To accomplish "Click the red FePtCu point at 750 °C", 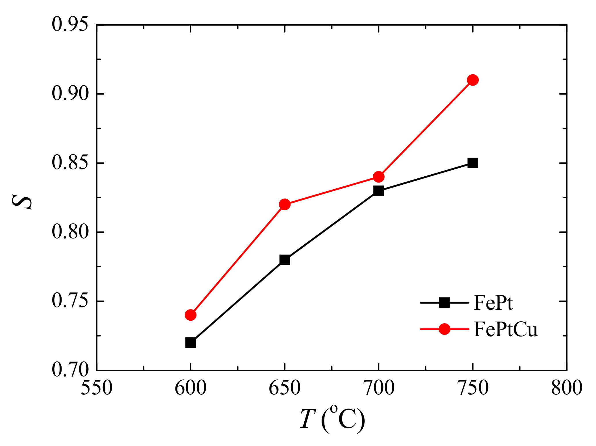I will click(x=473, y=80).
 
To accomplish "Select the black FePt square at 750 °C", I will click(x=473, y=163).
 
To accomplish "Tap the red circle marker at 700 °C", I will click(x=379, y=177).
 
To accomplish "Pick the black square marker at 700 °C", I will click(x=379, y=191).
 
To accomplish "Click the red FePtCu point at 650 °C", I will click(x=284, y=205).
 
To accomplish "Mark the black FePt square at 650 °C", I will click(x=284, y=260).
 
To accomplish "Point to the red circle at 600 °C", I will click(x=190, y=315).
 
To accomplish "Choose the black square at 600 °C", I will click(x=190, y=343).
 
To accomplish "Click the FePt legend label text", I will click(x=493, y=303).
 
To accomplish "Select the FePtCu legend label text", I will click(x=505, y=329).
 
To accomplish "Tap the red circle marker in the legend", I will click(x=444, y=329).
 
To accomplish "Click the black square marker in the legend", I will click(x=444, y=303).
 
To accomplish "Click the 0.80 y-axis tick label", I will click(x=70, y=232).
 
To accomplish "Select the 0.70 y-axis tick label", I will click(x=70, y=370).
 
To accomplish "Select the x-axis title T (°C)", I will click(x=332, y=419).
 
